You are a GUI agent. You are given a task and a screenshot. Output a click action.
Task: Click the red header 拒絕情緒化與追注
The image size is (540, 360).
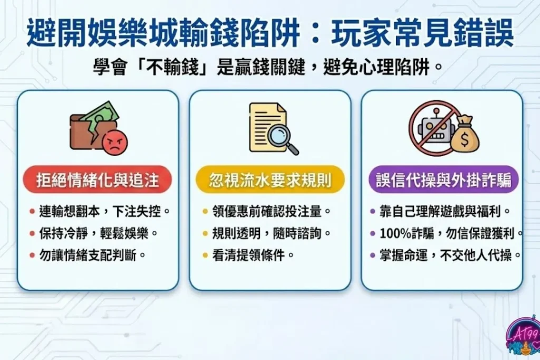[x=98, y=181]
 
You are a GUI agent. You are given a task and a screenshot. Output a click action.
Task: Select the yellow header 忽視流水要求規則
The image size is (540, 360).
[x=270, y=181]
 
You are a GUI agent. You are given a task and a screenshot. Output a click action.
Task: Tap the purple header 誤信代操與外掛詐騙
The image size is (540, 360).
[x=443, y=181]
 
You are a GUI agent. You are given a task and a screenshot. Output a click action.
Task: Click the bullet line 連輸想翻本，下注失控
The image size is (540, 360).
[x=105, y=212]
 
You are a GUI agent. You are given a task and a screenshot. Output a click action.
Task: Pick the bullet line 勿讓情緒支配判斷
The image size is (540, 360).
[x=92, y=255]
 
